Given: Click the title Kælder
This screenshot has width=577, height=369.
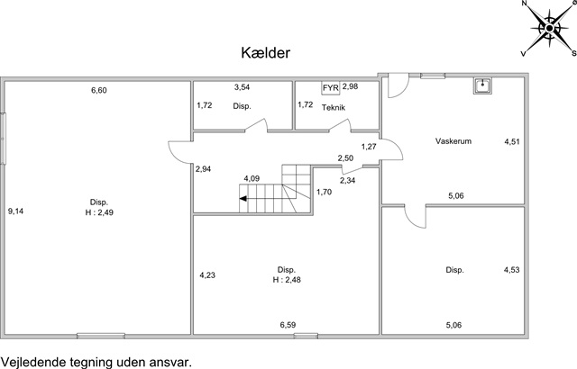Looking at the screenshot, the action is pos(266,53).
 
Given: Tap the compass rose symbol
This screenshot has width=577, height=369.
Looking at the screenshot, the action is pos(549,28).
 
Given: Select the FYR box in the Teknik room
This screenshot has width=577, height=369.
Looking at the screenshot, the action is pos(331,88).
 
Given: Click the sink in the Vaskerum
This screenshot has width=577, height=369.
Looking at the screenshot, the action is pos(482,85).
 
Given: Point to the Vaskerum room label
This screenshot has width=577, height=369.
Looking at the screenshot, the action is pos(453,141).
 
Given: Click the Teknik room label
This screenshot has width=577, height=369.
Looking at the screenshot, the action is pos(334,108).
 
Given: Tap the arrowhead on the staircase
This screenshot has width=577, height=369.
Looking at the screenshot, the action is pos(243,199).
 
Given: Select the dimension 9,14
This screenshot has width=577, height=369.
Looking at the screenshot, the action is pos(16,211).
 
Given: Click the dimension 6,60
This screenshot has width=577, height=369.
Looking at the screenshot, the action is pos(99,90).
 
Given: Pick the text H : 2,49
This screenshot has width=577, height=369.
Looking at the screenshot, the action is pos(99,212).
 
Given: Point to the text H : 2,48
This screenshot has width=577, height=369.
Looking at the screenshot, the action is pos(287,280).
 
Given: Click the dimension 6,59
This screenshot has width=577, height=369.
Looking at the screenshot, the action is pos(288,325).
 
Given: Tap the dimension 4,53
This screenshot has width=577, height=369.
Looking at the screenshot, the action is pos(511,270).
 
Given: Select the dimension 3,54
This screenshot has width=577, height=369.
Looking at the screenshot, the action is pos(242,87).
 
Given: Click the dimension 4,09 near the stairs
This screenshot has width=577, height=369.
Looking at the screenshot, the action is pos(252,179).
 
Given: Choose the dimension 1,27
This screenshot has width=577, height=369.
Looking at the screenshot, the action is pos(369,147).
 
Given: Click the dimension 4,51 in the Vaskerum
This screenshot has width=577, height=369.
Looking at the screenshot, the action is pos(512,141).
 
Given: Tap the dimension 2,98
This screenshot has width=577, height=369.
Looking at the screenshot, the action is pos(351,86).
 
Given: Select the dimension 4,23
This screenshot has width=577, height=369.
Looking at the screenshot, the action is pos(207,275).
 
